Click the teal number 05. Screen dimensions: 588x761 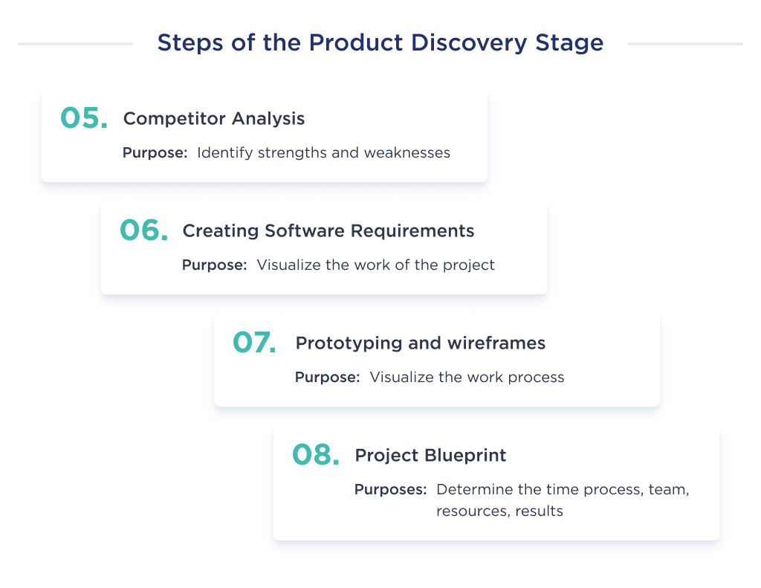click(x=83, y=118)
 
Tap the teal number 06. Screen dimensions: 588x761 click(x=143, y=230)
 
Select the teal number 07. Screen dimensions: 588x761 click(x=255, y=343)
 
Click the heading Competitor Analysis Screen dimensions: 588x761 click(x=214, y=119)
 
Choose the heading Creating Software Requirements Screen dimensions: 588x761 click(x=328, y=231)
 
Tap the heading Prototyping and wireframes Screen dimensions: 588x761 click(x=421, y=343)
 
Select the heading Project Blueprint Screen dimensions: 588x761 click(x=430, y=456)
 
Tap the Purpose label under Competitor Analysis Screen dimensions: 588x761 click(x=155, y=153)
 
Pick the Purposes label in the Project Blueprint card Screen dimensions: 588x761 click(x=390, y=490)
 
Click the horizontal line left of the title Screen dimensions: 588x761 click(x=75, y=44)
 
